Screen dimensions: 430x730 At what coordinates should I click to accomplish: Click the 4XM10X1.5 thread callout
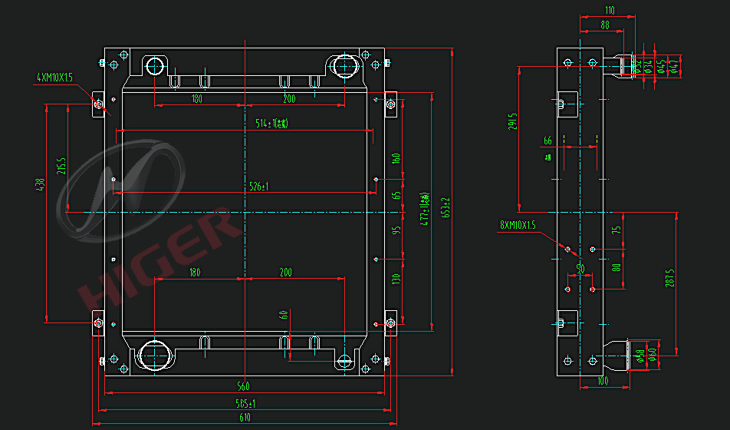54,78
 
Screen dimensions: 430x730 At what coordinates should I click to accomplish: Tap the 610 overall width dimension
244,418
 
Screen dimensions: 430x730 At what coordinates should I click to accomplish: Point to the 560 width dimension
244,386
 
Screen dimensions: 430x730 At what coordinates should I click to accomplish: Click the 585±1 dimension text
244,402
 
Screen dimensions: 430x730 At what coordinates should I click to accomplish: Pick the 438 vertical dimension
40,185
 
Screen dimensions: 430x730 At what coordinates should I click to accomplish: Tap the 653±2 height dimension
445,209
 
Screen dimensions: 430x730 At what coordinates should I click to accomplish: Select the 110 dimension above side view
610,11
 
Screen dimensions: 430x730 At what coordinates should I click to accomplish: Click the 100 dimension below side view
603,381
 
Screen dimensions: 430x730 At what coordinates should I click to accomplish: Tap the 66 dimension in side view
547,141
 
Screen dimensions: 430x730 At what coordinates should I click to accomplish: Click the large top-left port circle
156,64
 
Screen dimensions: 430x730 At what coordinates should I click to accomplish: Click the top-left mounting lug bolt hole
98,103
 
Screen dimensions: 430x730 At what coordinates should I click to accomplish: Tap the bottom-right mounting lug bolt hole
390,323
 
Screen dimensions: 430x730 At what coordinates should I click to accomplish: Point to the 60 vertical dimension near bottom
283,315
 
